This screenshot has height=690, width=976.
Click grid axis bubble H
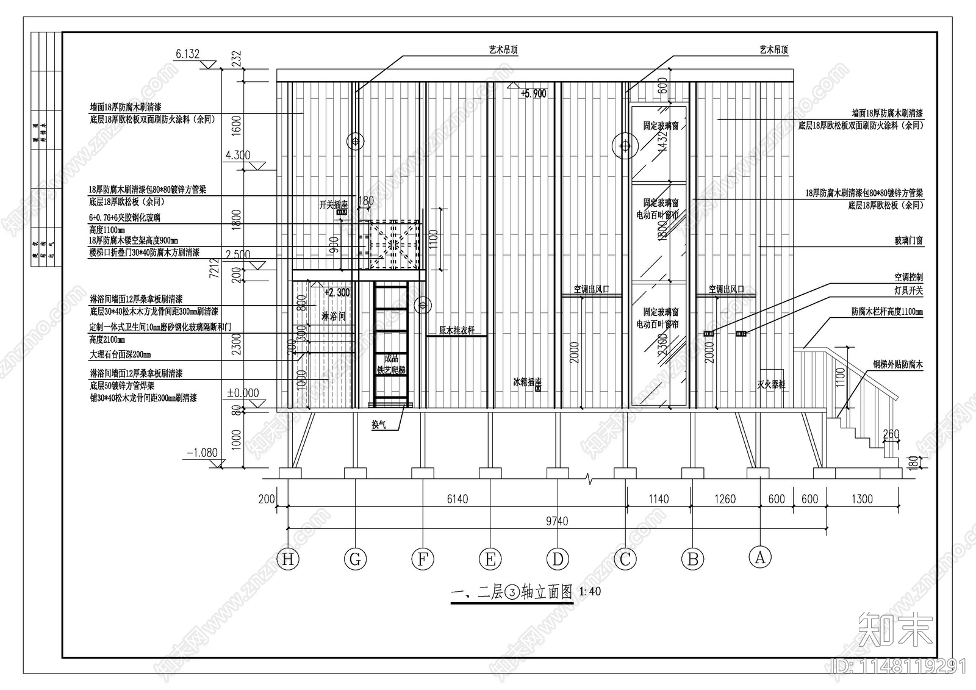(x=288, y=559)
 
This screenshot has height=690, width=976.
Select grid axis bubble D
(x=558, y=559)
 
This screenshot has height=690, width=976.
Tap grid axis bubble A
(x=760, y=556)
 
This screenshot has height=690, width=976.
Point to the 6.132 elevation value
(x=188, y=54)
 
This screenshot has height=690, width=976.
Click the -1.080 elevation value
(x=202, y=453)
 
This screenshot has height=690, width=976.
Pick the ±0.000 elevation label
(x=243, y=393)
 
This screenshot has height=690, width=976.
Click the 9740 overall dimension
(x=557, y=521)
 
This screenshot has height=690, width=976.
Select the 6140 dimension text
(x=457, y=499)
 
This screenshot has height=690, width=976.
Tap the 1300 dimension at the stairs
(x=861, y=499)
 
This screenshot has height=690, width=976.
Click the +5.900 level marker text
(x=533, y=94)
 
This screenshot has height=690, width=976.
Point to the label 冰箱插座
(x=527, y=383)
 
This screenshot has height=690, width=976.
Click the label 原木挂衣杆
(x=456, y=331)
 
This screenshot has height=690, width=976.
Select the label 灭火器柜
(x=771, y=385)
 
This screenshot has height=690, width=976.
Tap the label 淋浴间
(x=333, y=316)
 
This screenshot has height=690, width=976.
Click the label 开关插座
(x=333, y=205)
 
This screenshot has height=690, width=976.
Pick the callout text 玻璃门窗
(x=908, y=242)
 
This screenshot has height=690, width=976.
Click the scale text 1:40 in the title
(x=590, y=591)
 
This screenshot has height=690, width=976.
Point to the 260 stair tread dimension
(x=891, y=435)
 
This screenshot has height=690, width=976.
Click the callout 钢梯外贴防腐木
(x=897, y=365)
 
